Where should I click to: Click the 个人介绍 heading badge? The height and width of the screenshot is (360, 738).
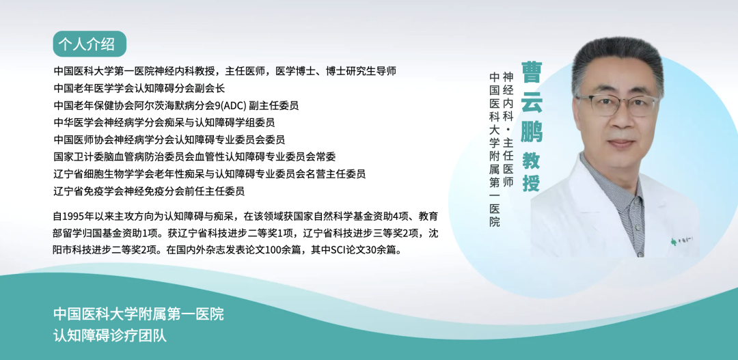click(x=90, y=44)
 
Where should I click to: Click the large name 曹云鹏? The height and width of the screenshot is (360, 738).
click(x=532, y=102)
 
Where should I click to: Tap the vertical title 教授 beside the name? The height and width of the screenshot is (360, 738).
click(x=532, y=172)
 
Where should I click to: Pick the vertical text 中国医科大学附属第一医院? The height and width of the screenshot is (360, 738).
click(x=494, y=149)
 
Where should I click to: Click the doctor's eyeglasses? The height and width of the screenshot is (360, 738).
click(x=617, y=105)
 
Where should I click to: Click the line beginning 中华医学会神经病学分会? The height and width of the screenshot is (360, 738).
click(x=164, y=123)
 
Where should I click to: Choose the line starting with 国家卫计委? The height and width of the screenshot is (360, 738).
click(x=194, y=156)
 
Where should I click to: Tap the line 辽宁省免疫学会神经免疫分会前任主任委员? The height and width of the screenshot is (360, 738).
click(x=149, y=191)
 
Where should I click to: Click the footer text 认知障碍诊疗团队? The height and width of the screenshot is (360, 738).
click(x=110, y=336)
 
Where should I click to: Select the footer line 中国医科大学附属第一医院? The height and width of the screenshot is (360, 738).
click(x=138, y=314)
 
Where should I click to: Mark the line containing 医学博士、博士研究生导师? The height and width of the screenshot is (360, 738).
click(x=225, y=71)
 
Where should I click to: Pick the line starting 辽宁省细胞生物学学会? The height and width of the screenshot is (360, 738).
click(x=210, y=174)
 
